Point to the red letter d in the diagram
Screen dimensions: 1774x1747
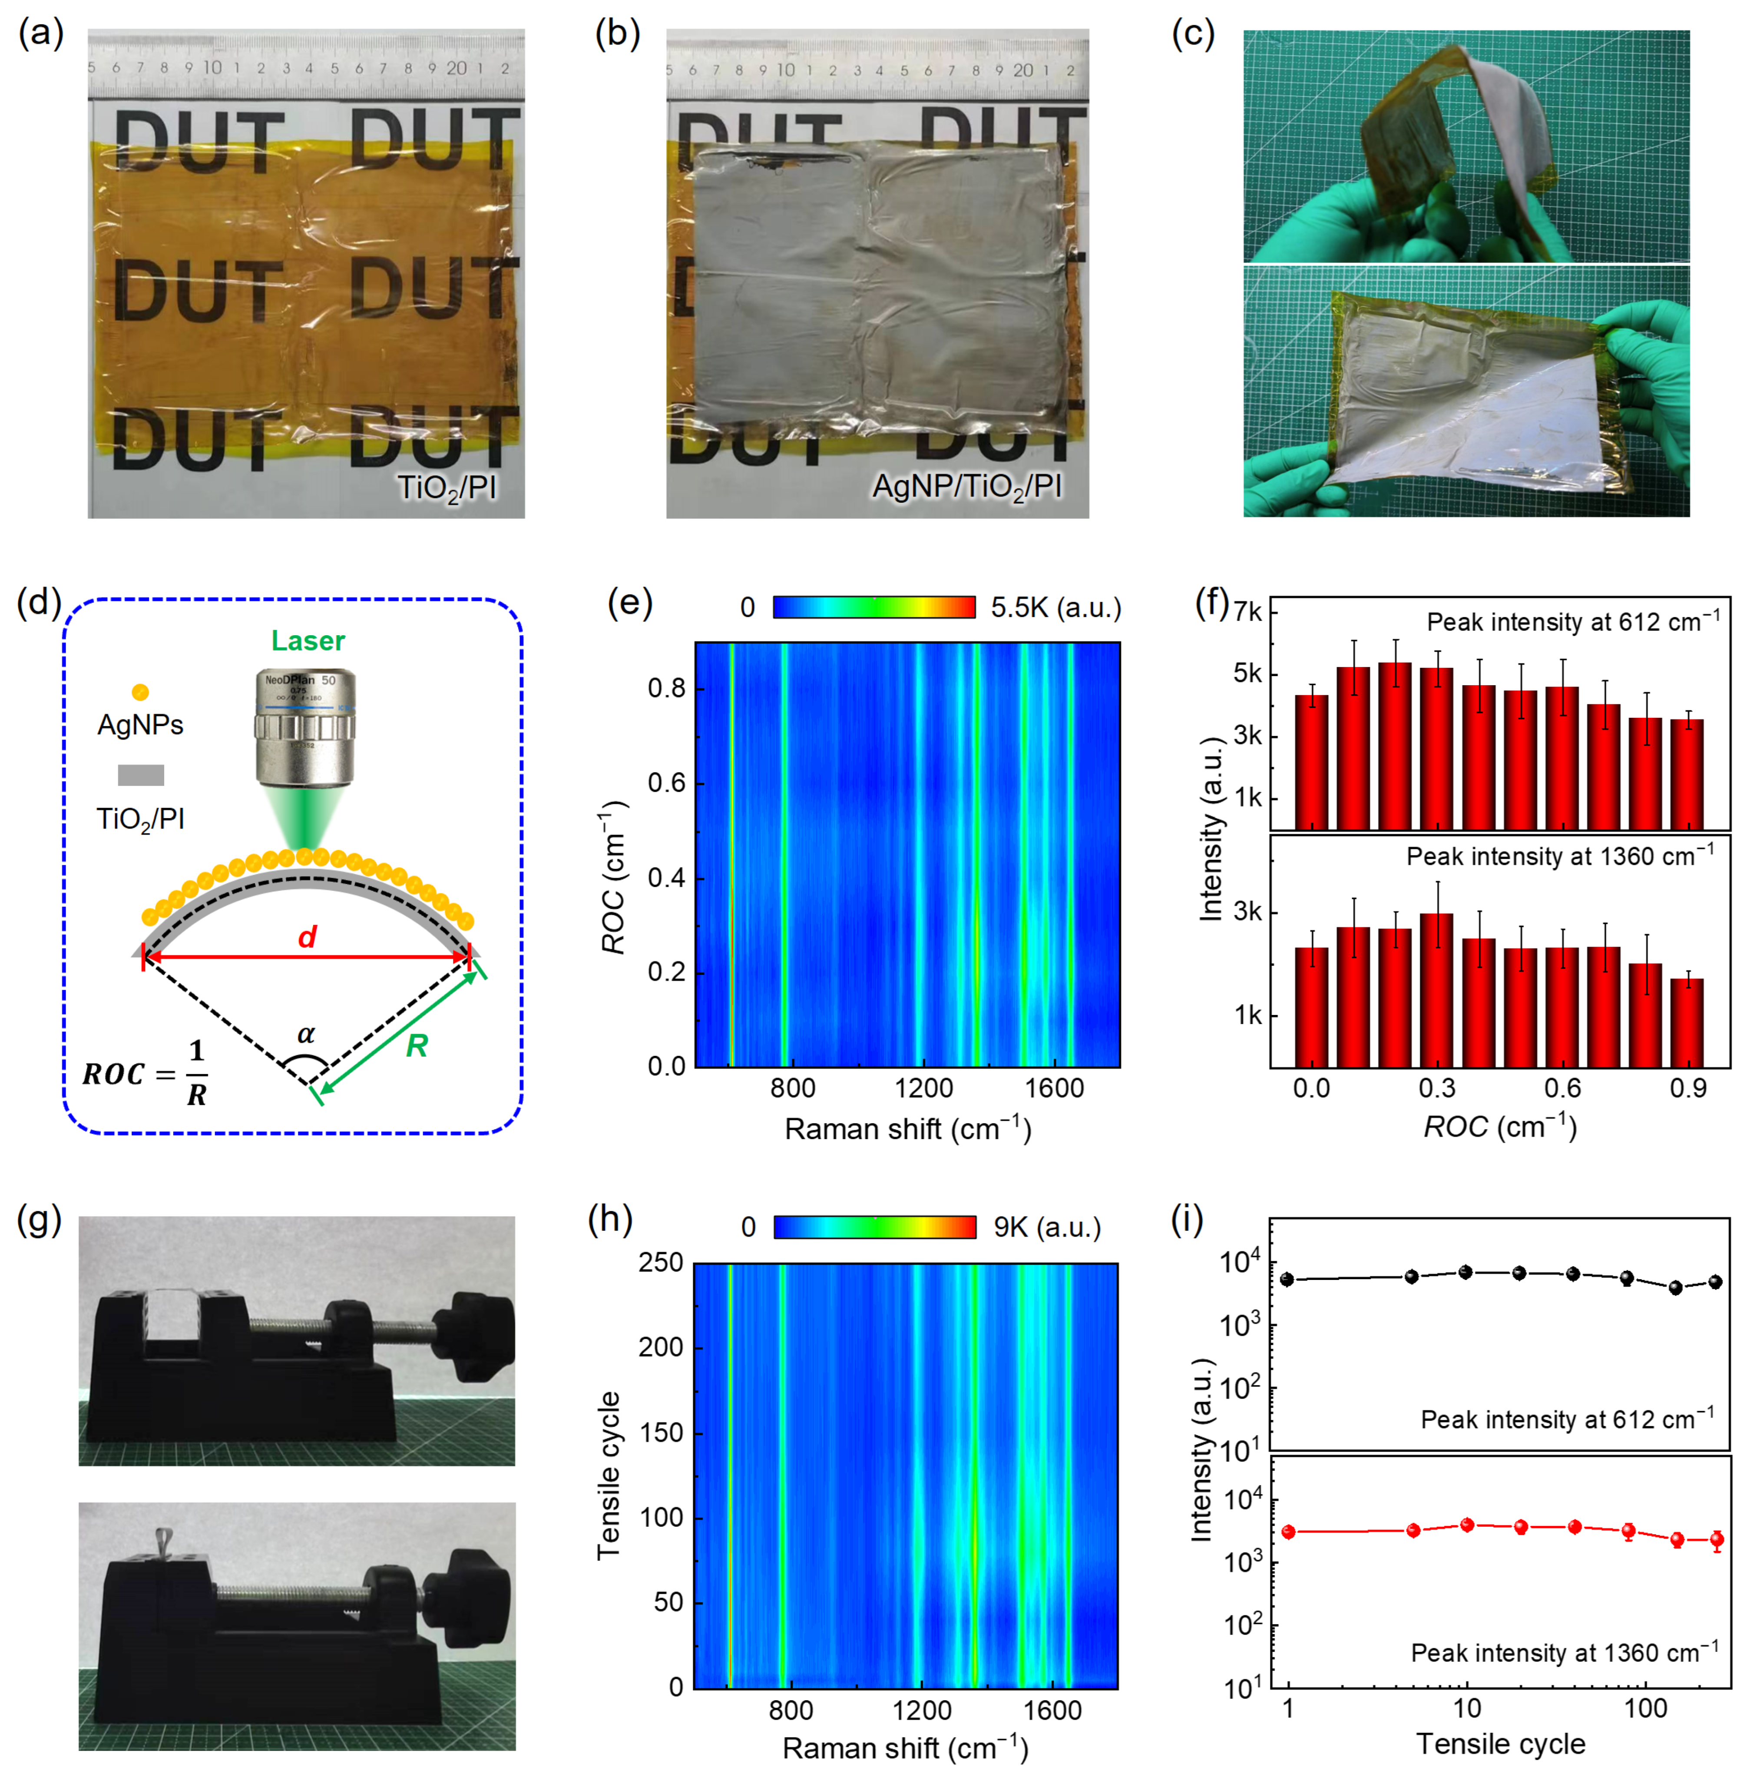coord(308,937)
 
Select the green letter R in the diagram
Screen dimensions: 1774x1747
coord(417,1045)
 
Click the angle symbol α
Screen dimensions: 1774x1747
coord(307,1035)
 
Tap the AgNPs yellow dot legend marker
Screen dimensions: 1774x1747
coord(140,692)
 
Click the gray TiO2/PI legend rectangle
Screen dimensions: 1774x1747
coord(140,776)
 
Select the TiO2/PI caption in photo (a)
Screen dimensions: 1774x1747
coord(447,487)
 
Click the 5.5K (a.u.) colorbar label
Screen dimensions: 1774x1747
coord(1055,607)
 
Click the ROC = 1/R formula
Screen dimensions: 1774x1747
coord(145,1073)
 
